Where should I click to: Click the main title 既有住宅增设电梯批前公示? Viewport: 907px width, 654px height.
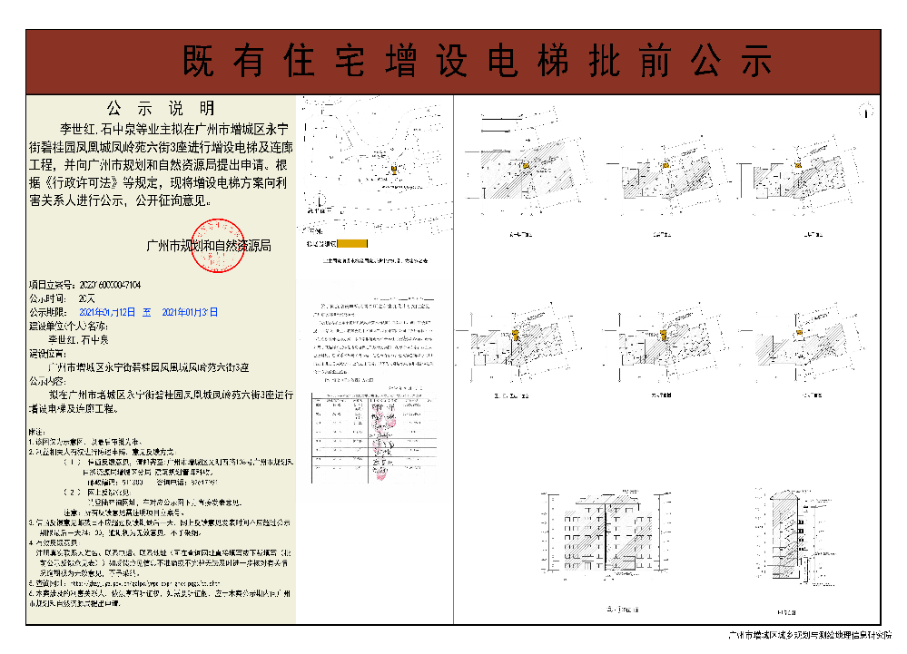(478, 61)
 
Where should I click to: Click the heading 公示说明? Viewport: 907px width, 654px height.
(161, 107)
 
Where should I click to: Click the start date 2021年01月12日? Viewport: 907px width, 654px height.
(106, 311)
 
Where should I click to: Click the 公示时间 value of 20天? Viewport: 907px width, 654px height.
(87, 298)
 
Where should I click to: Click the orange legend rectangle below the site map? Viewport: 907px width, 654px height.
(351, 243)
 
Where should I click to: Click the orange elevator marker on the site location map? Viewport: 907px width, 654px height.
(394, 169)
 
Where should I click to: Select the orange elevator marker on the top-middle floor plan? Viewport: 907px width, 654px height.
(665, 165)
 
